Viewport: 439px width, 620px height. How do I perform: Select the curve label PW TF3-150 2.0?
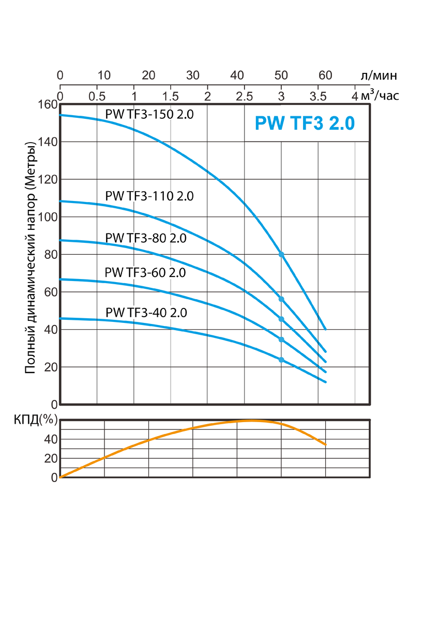(149, 114)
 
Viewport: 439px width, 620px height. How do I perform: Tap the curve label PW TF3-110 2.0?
(149, 196)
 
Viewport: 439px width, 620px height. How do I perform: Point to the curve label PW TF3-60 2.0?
(145, 272)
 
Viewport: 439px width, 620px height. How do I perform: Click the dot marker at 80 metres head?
(281, 254)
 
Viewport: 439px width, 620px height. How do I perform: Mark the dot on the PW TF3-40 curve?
(281, 360)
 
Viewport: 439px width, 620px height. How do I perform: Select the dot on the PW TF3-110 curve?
(281, 299)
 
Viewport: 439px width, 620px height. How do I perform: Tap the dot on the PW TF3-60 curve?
(281, 339)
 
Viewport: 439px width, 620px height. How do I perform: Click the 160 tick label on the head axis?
(47, 104)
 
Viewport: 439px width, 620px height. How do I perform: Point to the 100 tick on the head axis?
(47, 217)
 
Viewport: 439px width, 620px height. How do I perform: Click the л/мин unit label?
(379, 75)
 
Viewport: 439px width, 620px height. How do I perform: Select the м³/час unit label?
(381, 96)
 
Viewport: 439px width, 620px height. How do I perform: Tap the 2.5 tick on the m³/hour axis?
(245, 96)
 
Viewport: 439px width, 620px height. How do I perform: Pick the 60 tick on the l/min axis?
(325, 75)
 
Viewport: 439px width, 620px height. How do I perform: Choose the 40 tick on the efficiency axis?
(50, 439)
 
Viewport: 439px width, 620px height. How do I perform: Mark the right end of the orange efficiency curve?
(326, 444)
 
